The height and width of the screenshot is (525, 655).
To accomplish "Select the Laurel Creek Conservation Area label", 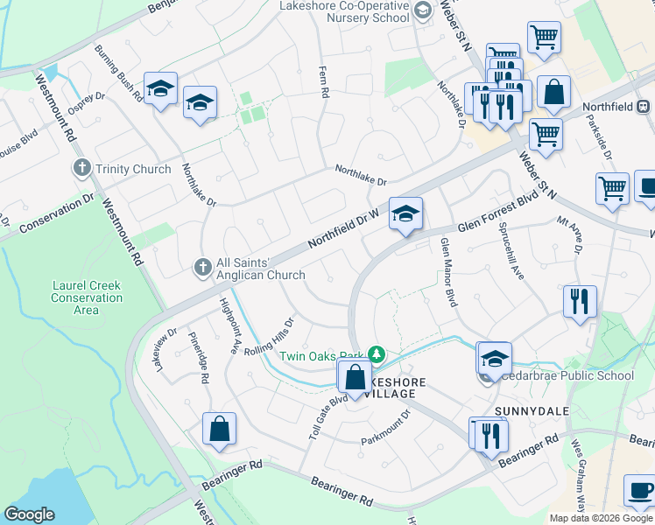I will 87,297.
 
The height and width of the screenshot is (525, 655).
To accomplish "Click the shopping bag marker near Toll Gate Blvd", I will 356,379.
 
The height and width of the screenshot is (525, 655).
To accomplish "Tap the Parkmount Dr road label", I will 386,428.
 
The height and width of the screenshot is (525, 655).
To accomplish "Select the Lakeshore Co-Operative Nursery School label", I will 344,11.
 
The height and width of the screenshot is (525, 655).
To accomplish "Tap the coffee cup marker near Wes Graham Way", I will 638,492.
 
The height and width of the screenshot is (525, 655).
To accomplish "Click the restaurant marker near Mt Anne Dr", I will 580,302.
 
